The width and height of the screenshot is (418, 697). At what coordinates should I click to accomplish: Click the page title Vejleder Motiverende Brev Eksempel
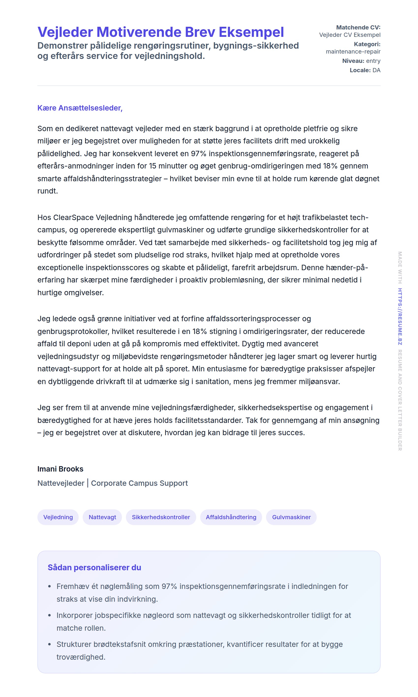161,32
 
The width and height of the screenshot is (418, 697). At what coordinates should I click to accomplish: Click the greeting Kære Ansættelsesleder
80,108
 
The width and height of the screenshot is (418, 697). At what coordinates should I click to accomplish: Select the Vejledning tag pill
58,517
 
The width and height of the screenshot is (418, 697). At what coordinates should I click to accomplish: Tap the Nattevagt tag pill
102,517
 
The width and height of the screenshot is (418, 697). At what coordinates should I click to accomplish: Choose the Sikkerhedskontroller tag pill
161,517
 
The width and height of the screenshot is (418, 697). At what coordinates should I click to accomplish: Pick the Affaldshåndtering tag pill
231,517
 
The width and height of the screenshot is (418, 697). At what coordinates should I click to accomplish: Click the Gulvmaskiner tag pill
291,517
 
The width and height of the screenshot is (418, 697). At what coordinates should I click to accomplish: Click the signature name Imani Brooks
60,469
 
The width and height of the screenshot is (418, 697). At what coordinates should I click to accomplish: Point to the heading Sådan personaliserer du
94,567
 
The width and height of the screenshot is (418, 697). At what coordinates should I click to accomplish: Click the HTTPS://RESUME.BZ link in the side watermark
400,316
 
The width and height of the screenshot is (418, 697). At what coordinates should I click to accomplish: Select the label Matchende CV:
358,27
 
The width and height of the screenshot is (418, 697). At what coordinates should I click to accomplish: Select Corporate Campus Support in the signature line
139,483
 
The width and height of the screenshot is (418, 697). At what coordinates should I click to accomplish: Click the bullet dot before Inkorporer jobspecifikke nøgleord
50,615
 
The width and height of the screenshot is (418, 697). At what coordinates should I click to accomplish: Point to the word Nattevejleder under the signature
61,483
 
